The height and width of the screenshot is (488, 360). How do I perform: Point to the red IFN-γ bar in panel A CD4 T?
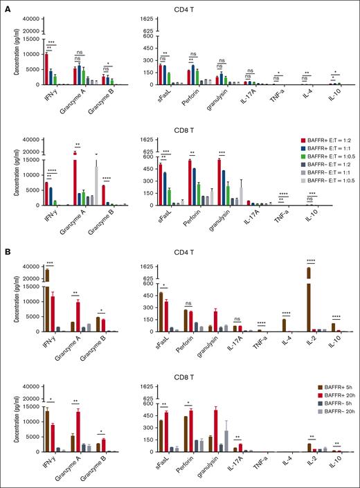[x=46, y=69]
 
